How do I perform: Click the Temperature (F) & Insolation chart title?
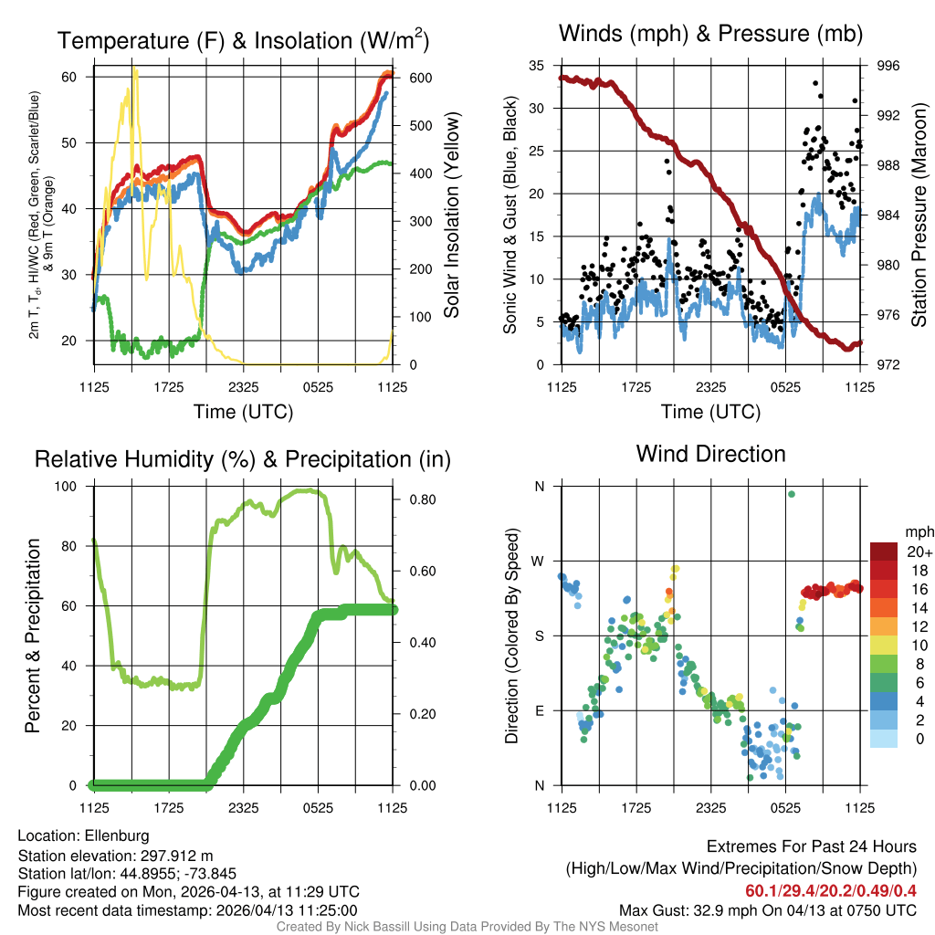[x=243, y=41]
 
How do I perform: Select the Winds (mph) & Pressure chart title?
[x=711, y=35]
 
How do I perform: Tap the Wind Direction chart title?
[x=710, y=454]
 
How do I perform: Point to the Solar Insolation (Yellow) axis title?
[x=451, y=215]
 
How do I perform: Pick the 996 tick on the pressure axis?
[x=888, y=66]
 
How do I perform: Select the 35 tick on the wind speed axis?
[x=537, y=66]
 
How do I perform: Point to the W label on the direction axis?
[x=539, y=561]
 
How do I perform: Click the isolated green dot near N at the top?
[x=792, y=494]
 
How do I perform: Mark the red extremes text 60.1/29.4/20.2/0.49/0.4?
[x=831, y=891]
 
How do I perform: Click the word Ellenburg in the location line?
[x=117, y=835]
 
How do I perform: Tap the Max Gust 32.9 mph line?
[x=767, y=910]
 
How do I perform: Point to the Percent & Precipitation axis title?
[x=33, y=636]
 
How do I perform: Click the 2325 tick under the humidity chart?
[x=243, y=807]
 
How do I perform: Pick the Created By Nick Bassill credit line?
[x=467, y=927]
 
